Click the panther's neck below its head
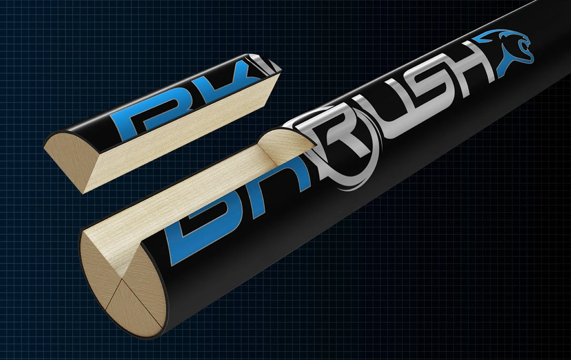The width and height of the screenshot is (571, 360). pos(504,67)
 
